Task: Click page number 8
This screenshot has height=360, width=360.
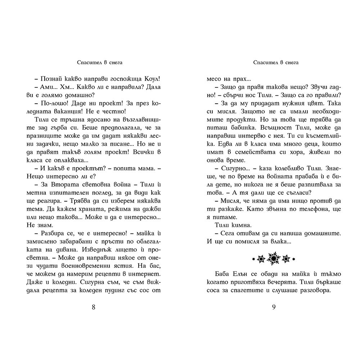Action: (x=94, y=307)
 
